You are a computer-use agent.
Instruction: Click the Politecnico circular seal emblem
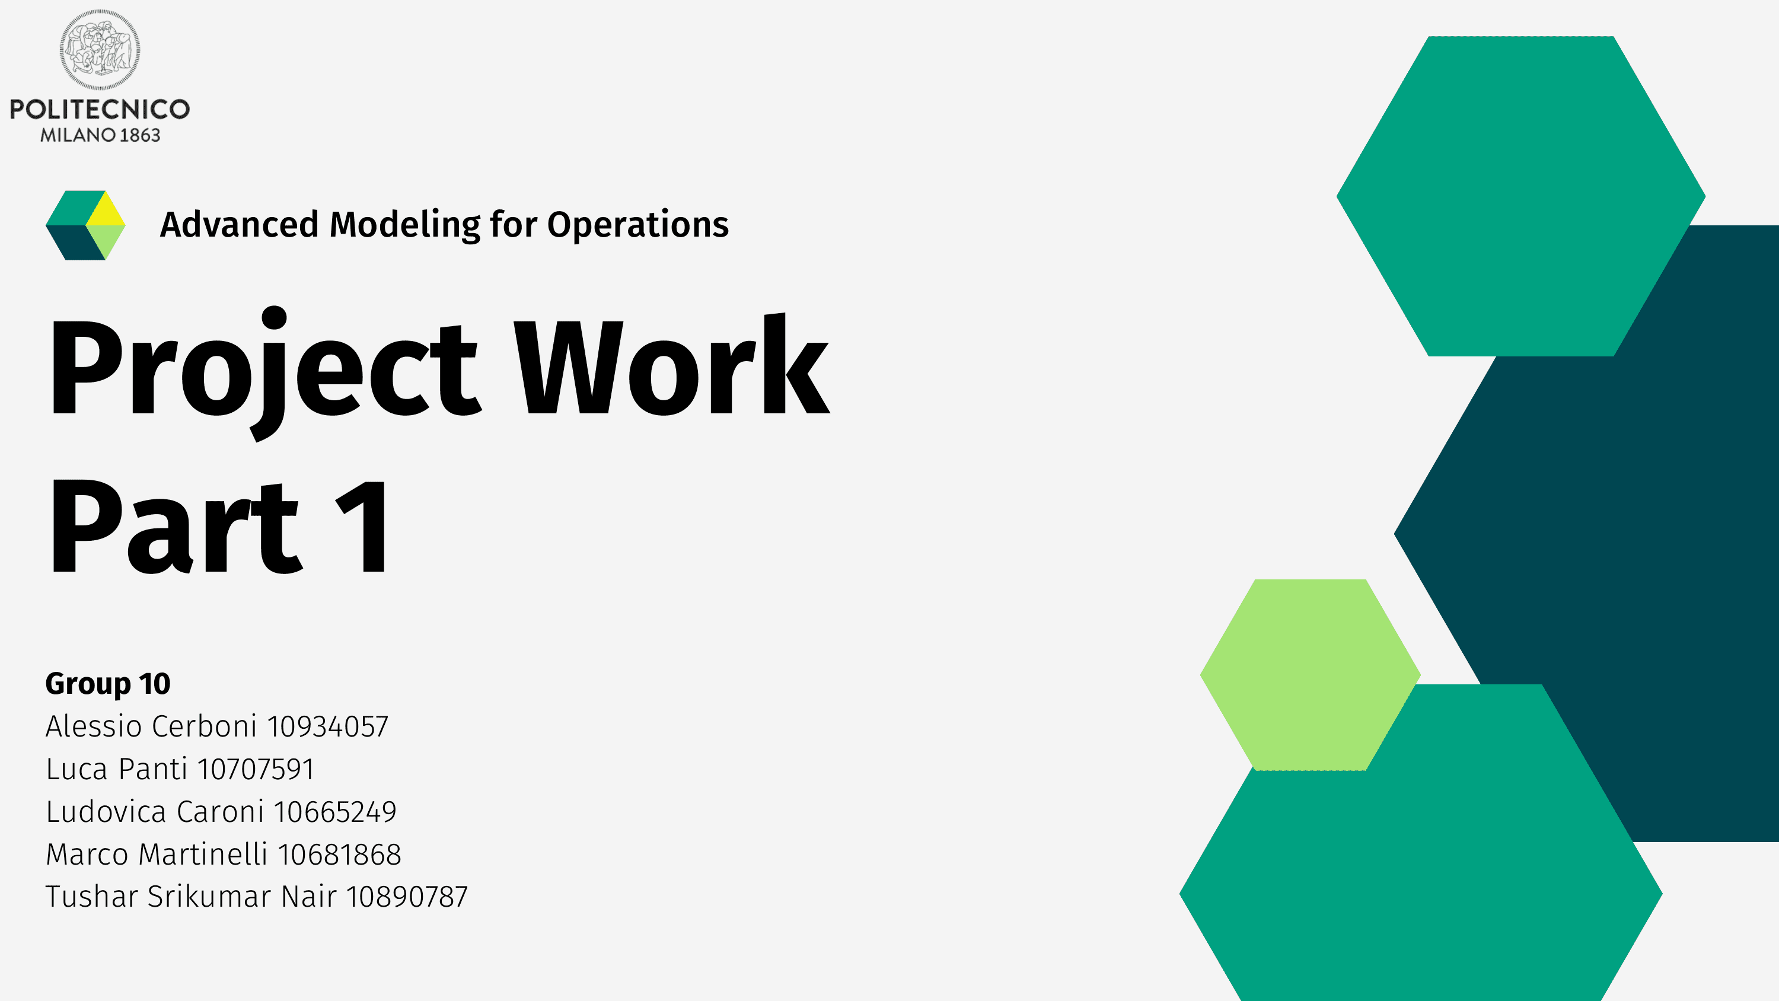100,50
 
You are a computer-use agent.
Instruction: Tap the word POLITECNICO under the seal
100,109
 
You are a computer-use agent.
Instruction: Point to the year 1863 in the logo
140,135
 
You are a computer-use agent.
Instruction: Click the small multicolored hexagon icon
85,225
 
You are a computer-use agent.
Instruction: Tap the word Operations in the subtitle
638,225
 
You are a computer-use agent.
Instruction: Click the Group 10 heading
108,684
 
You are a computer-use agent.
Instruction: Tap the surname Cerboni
205,726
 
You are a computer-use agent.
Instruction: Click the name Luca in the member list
76,770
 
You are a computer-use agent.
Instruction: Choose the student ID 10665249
336,812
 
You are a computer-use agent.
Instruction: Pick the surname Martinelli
203,855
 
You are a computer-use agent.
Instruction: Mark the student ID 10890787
407,897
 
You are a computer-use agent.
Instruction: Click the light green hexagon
1310,675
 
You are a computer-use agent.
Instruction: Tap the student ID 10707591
256,770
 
